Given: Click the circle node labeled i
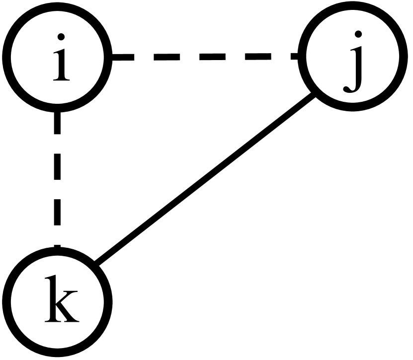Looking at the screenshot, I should coord(58,58).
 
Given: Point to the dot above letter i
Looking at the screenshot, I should coord(61,37).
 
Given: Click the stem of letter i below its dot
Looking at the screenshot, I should coord(61,65).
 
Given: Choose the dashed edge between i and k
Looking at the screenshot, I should coord(58,179).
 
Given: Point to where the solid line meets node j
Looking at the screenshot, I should coord(315,95).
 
